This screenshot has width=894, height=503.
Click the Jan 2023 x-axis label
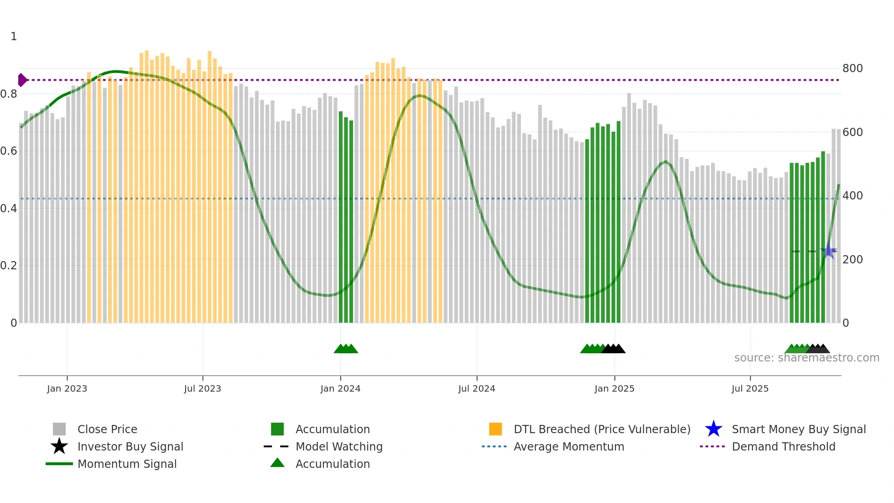67,388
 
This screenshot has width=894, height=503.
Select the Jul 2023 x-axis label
203,388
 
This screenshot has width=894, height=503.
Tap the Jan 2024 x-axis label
340,388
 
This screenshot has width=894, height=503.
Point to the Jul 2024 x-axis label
477,388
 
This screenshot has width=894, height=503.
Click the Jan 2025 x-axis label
614,388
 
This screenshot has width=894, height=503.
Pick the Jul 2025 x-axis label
750,388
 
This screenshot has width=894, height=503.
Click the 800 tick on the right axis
852,68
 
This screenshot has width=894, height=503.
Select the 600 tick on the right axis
852,132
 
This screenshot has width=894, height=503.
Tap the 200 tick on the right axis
852,260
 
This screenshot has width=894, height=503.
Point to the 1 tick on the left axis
14,37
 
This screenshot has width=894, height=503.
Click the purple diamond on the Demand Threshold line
22,80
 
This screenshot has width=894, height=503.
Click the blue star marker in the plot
828,251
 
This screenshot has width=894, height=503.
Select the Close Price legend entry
107,429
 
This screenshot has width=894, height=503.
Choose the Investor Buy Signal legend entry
130,446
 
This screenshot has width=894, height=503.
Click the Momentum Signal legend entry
127,464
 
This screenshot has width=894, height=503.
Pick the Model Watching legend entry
339,446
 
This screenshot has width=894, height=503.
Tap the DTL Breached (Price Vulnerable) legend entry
602,429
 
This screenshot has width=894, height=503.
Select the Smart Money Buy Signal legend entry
799,429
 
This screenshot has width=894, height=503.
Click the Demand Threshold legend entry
783,446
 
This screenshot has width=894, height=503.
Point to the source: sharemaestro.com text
806,358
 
